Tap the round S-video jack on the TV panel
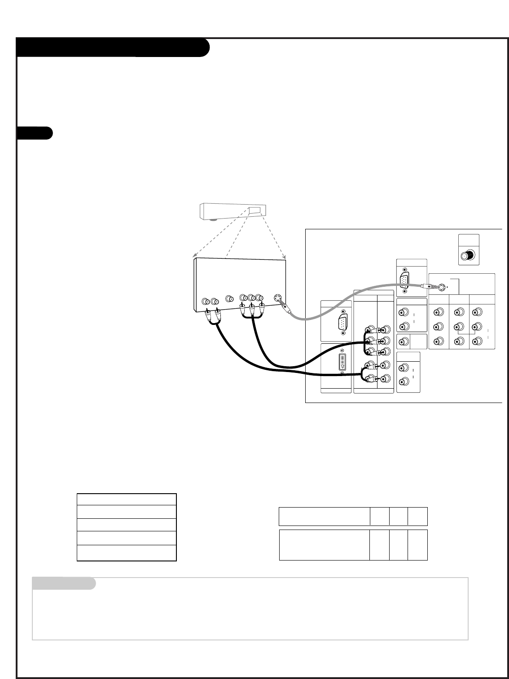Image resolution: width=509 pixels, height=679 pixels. pos(443,287)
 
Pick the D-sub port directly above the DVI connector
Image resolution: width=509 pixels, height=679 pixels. pos(342,322)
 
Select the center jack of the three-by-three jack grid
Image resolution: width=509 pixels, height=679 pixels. pos(458,326)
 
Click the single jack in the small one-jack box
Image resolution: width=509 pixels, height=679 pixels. pos(404,342)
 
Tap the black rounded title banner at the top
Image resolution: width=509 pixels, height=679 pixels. pos(113,48)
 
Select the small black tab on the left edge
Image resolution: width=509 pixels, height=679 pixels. pos(35,133)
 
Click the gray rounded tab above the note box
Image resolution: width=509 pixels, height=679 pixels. pos(64,583)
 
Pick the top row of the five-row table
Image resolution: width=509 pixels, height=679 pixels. pos(127,499)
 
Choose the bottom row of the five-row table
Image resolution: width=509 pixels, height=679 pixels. pos(127,553)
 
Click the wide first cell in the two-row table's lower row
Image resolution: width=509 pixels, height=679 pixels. pos(324,545)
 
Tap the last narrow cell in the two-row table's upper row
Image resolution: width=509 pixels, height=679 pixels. pos(417,517)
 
